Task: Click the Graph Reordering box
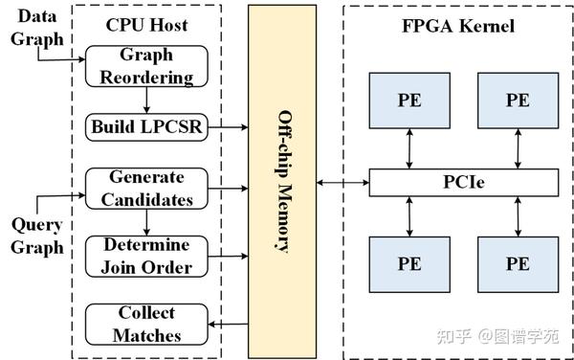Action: pos(145,67)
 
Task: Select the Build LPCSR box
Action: pos(145,125)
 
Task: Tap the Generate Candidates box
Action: pos(145,189)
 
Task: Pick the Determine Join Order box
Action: pos(145,256)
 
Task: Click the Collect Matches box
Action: pos(145,324)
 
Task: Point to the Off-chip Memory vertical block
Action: pos(281,182)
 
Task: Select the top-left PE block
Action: pos(408,100)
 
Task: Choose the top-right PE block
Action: pos(518,100)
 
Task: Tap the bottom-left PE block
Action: pos(408,262)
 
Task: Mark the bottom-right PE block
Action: pos(518,262)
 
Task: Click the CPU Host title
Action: pos(145,26)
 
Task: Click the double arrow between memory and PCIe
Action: pos(342,181)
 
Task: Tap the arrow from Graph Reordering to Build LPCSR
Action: pos(145,101)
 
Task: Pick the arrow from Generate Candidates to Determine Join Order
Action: pos(145,222)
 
